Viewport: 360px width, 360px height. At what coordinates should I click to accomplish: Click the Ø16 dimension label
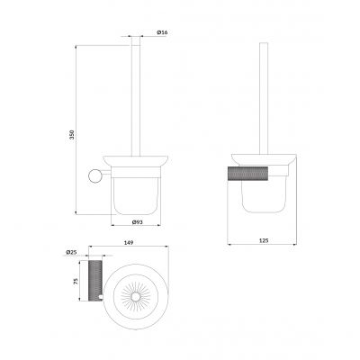click(162, 32)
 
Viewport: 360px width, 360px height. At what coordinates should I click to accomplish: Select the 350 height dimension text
click(71, 135)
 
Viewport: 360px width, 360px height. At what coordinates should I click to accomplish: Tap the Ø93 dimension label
click(137, 222)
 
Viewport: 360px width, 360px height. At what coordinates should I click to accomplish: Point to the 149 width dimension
click(129, 242)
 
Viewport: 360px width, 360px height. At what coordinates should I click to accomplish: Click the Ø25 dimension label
click(71, 252)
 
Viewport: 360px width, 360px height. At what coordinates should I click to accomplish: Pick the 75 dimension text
click(76, 281)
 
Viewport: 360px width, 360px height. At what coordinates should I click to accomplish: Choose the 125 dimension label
click(263, 240)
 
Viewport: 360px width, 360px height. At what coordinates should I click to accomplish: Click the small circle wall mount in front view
click(94, 175)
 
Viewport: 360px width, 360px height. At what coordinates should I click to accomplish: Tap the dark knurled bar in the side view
click(247, 174)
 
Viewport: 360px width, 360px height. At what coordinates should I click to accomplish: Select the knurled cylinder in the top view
click(95, 281)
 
